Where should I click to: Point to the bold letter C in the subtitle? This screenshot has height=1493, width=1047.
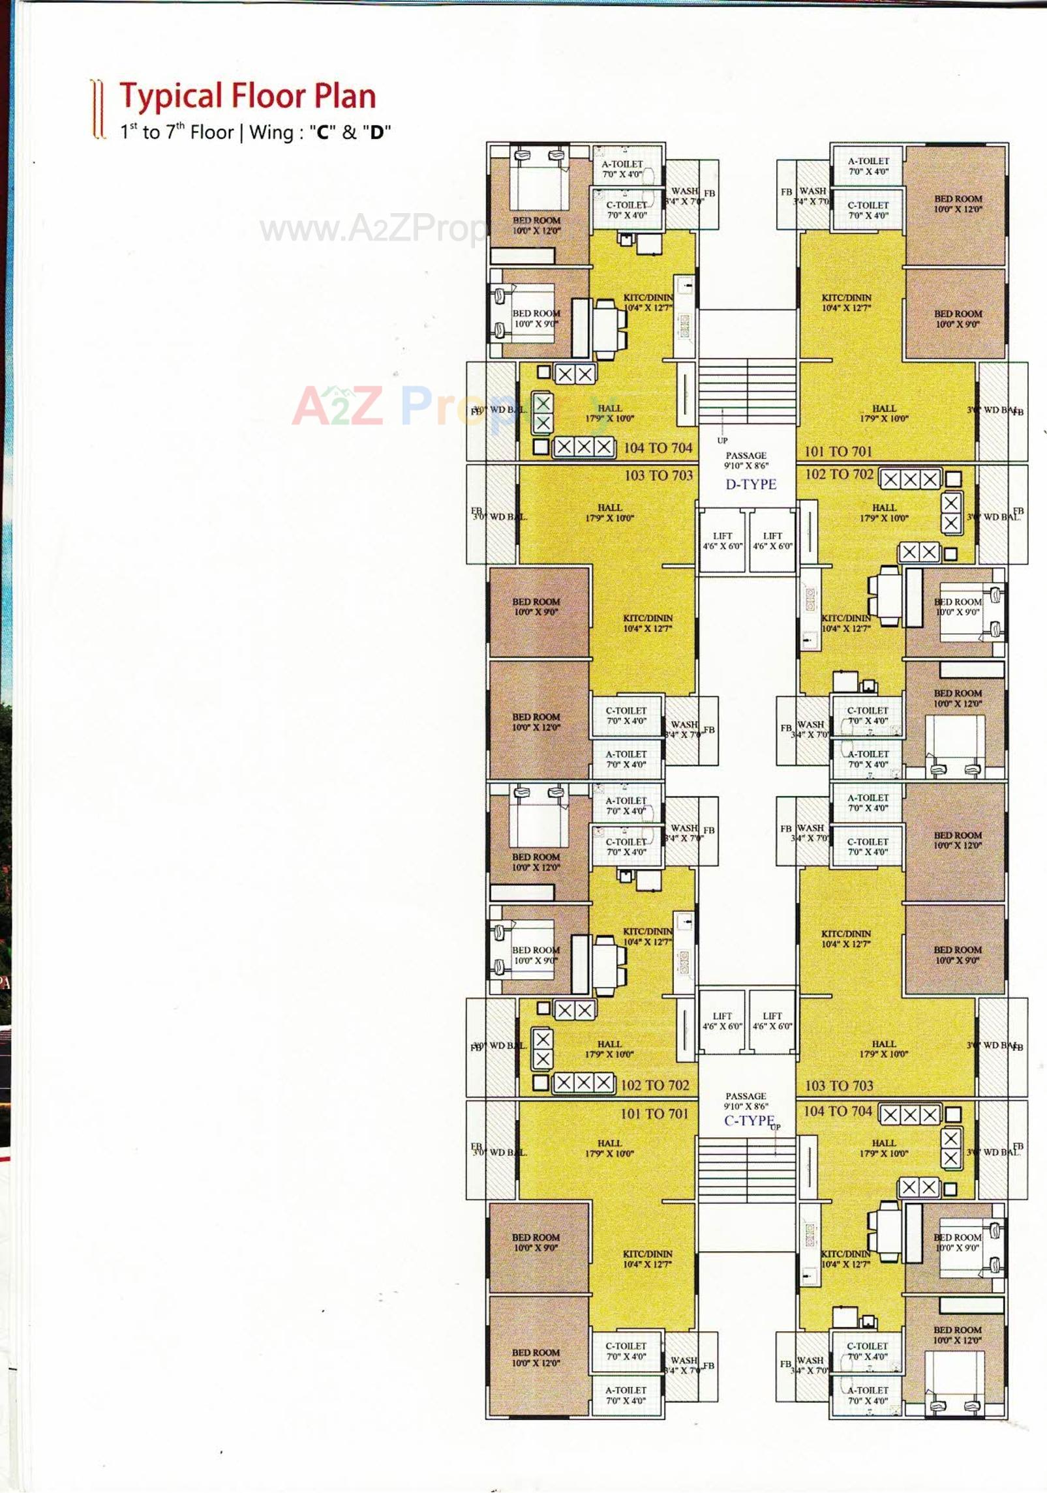322,132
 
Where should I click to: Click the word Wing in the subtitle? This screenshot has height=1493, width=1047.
271,132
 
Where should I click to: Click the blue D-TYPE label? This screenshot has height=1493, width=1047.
751,484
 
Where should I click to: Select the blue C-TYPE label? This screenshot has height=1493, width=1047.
749,1121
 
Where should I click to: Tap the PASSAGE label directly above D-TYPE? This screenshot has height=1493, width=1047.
746,456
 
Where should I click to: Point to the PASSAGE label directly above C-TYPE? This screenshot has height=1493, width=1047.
746,1097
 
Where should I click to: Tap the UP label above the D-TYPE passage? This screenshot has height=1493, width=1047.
722,441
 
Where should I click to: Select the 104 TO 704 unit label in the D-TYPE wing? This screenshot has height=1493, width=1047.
658,448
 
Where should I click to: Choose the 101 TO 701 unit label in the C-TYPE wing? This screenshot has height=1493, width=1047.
654,1114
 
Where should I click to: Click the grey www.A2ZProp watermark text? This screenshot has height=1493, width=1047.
372,228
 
